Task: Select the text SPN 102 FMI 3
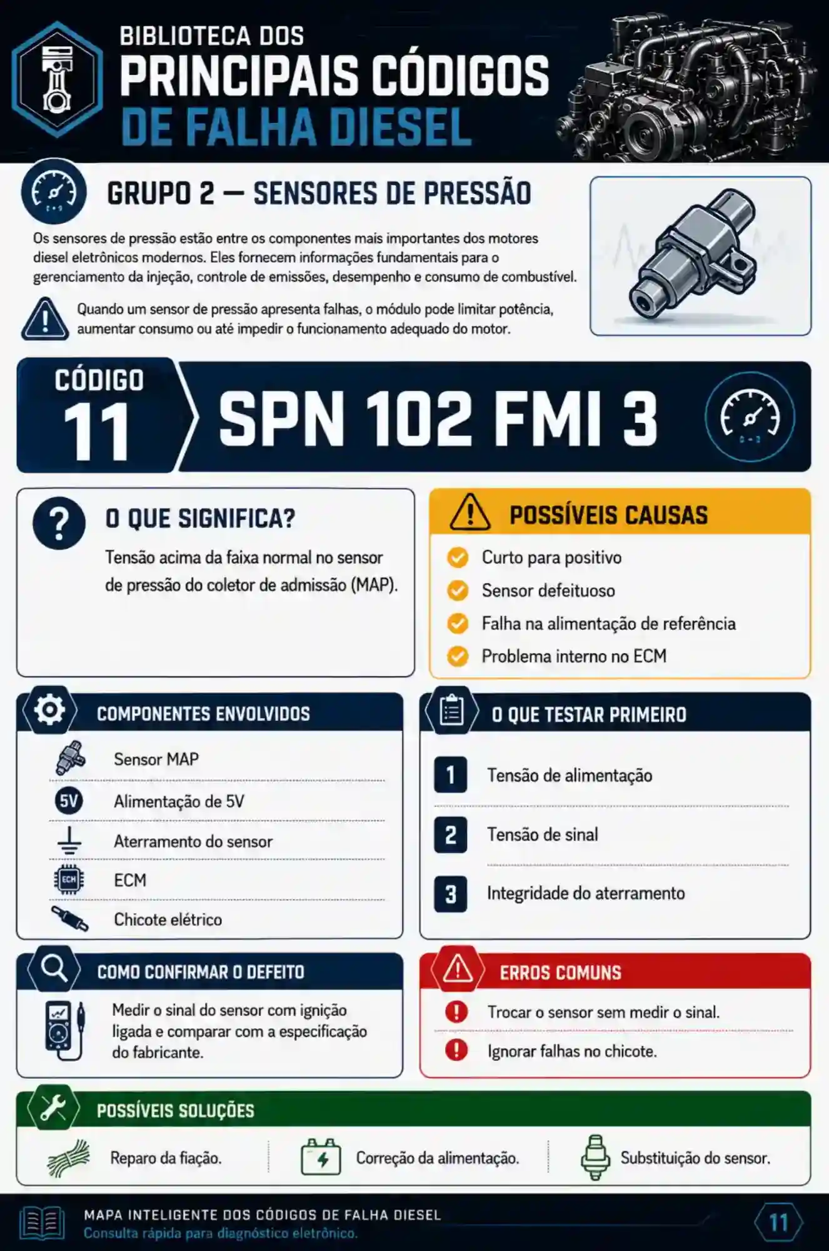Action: click(438, 418)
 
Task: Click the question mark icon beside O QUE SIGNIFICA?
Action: click(59, 524)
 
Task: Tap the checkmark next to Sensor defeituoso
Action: click(458, 590)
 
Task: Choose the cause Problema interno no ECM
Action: click(574, 656)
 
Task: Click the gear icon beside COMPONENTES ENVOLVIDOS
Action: click(50, 710)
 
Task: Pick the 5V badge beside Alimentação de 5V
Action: click(69, 801)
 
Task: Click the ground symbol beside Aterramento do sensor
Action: click(69, 841)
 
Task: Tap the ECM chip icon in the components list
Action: click(69, 879)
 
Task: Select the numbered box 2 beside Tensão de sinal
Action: click(450, 835)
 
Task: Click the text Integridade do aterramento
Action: click(586, 893)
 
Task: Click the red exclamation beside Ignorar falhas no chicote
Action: click(456, 1050)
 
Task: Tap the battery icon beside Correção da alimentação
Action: click(321, 1157)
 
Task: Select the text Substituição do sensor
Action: click(695, 1158)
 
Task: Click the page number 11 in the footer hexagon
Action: click(778, 1222)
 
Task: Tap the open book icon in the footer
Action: click(42, 1222)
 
